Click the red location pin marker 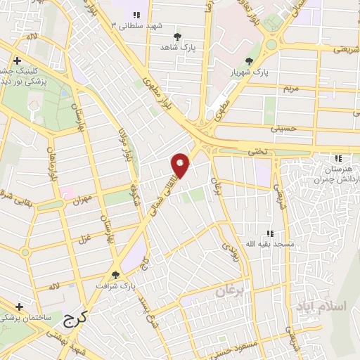click(x=181, y=165)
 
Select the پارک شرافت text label click(x=116, y=287)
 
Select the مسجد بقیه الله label click(x=268, y=243)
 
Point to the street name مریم click(x=290, y=89)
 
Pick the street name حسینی click(x=289, y=129)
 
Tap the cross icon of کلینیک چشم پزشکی click(x=16, y=60)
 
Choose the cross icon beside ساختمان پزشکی click(x=19, y=307)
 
